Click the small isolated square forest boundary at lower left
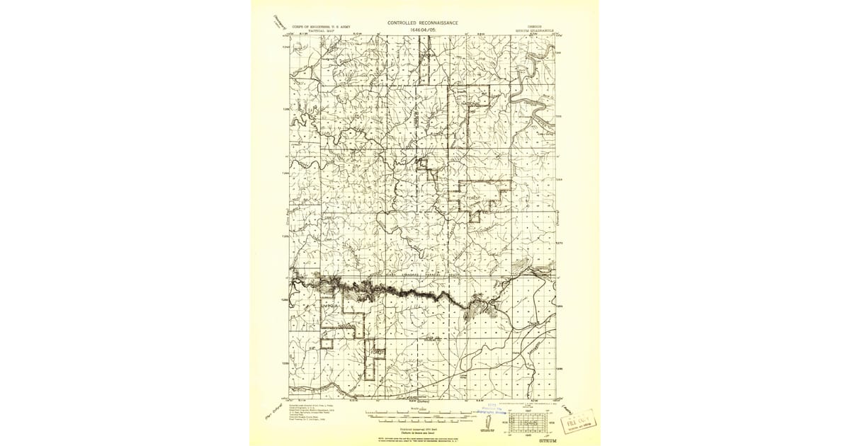click(x=326, y=343)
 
